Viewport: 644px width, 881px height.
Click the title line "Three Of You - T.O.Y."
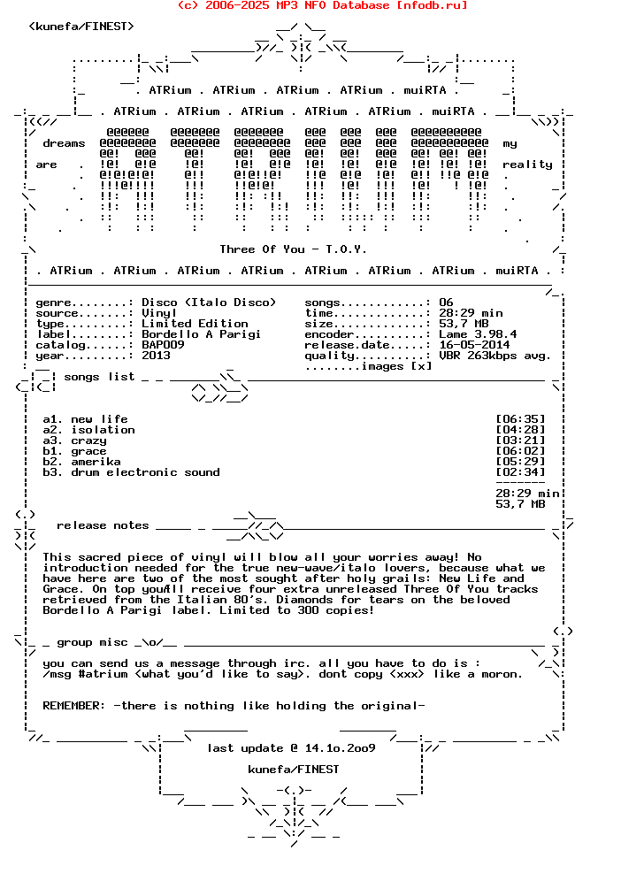[x=293, y=249]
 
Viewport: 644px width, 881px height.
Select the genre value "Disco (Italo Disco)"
[x=209, y=303]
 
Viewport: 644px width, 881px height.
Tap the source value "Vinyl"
[x=159, y=313]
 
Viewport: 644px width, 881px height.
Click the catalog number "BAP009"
[x=163, y=345]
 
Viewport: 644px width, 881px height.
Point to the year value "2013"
[x=156, y=356]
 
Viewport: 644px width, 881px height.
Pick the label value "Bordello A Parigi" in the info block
[x=201, y=334]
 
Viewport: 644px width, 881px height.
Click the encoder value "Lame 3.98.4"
[x=478, y=334]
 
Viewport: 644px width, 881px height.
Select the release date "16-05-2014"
[x=474, y=345]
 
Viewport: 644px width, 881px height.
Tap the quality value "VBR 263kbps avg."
[x=494, y=356]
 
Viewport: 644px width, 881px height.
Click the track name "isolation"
[x=103, y=430]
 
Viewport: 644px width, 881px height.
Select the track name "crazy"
[x=88, y=440]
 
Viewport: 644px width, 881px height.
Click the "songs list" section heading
[x=99, y=377]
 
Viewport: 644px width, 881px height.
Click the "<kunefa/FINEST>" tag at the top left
[x=81, y=27]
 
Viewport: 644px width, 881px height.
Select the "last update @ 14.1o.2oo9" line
[x=291, y=748]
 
